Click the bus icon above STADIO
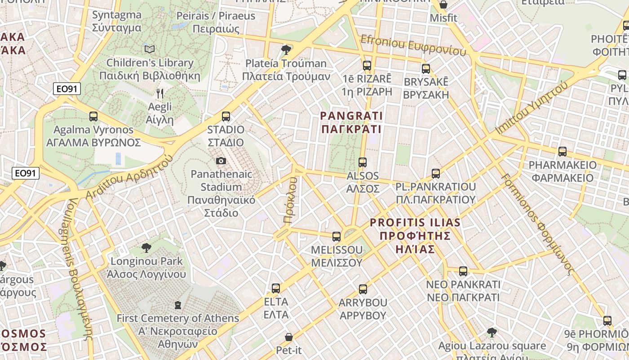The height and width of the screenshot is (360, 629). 226,117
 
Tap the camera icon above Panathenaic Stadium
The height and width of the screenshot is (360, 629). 221,161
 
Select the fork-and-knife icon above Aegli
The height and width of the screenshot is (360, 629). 160,94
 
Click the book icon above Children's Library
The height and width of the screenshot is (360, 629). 150,49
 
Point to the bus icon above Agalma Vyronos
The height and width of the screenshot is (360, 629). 93,117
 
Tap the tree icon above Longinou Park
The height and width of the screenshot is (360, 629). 146,247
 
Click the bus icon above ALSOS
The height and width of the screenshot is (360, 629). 363,162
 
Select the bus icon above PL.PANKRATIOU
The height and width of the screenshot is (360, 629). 435,173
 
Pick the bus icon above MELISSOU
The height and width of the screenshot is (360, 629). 337,236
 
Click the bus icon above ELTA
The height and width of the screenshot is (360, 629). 276,288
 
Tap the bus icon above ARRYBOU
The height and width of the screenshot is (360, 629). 363,289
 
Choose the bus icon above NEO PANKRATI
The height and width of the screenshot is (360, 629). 463,271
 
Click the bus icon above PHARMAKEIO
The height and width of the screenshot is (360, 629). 562,152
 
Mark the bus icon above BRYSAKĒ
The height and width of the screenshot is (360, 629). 425,69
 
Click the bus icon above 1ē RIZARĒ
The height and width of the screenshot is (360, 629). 367,66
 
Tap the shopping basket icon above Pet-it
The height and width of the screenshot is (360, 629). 289,337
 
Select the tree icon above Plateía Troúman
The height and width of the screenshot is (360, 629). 286,49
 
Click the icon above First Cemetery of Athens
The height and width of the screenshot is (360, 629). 178,305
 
